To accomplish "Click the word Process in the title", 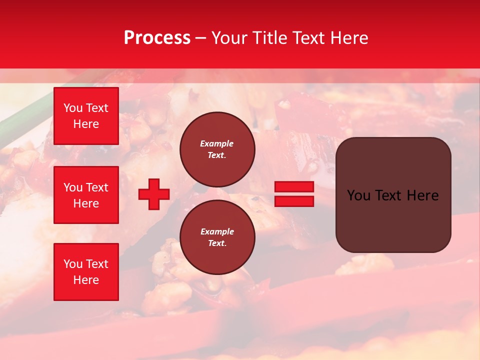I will coord(157,38).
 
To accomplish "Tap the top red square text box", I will coord(86,116).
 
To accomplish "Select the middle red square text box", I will coord(86,195).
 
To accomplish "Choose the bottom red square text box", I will coord(86,272).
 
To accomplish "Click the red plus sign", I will coord(154,194).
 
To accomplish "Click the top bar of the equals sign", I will coord(294,186).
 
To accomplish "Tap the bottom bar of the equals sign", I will coord(294,201).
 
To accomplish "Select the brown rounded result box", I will coord(393,220).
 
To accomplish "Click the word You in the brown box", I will coord(358,195).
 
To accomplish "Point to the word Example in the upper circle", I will coord(217,143).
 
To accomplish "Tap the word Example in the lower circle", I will coord(217,231).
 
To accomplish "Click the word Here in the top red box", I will coord(86,124).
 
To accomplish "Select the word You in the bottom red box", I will coord(73,264).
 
